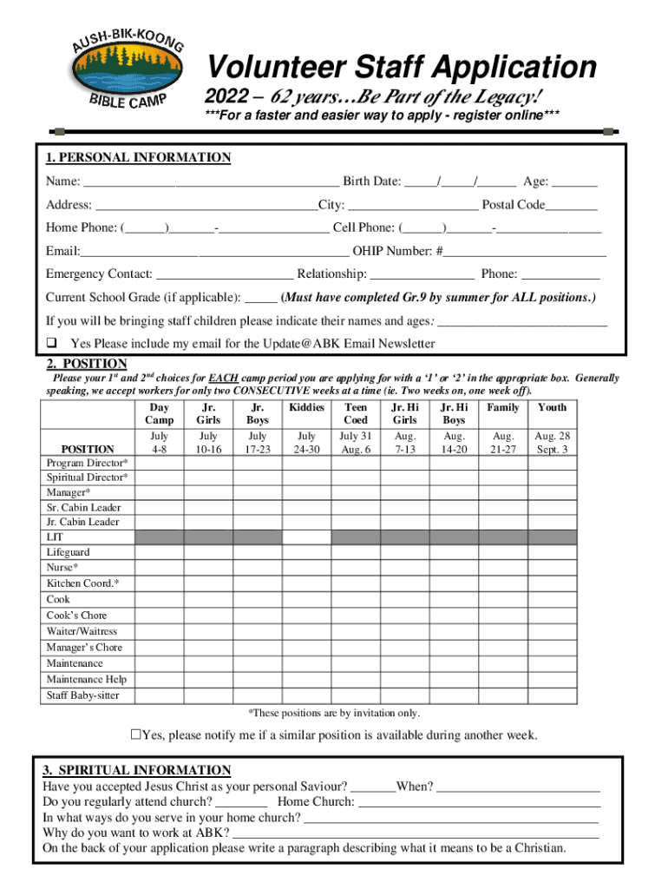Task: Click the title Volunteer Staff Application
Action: (400, 67)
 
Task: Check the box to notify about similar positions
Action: (135, 735)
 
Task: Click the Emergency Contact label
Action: (99, 274)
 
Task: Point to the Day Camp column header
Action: (160, 413)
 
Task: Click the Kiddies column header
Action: (306, 407)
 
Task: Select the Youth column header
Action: (552, 407)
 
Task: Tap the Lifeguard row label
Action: (68, 552)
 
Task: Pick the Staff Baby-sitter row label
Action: (83, 695)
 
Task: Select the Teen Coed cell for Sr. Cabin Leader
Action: (356, 506)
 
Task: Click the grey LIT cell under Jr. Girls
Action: (208, 537)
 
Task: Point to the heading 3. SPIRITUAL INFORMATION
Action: (137, 770)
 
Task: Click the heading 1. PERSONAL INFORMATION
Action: (139, 157)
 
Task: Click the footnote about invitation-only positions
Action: (334, 713)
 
